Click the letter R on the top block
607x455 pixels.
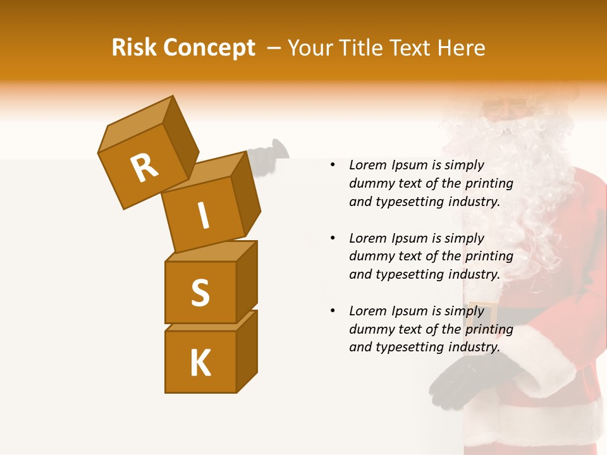[144, 167]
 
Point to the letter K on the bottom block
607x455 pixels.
[200, 363]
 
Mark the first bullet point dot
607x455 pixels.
[332, 166]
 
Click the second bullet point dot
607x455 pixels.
[332, 239]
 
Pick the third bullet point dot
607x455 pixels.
[332, 312]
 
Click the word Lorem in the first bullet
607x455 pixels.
[367, 166]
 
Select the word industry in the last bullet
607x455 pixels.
[474, 347]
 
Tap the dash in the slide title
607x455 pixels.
[273, 48]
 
